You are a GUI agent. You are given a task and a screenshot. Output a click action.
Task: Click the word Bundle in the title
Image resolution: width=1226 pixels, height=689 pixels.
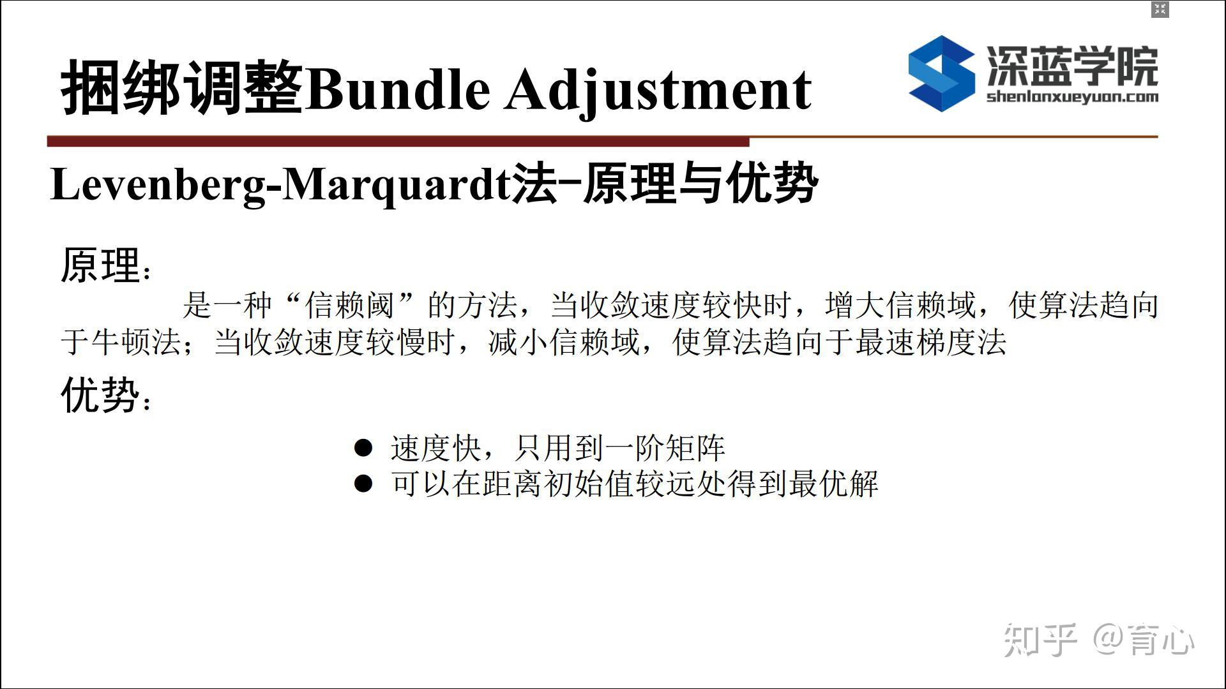coord(397,88)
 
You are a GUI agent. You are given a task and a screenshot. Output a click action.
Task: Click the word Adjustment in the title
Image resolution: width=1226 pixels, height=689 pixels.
coord(658,89)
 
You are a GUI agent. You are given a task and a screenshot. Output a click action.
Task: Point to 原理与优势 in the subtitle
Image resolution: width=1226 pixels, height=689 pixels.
coord(700,184)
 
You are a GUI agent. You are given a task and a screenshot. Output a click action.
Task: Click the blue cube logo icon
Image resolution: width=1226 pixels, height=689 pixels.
coord(941,73)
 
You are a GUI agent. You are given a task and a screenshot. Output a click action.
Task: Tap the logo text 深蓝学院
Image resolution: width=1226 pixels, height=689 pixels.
coord(1072,66)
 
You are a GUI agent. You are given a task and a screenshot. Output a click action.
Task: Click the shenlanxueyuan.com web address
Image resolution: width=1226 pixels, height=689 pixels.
coord(1072,97)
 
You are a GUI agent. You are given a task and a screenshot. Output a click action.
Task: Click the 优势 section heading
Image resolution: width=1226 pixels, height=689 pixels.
coord(100,394)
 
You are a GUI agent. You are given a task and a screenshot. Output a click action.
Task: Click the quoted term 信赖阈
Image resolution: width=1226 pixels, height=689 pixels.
coord(349,305)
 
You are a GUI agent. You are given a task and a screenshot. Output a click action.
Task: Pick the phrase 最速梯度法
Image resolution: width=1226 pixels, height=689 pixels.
coord(931,342)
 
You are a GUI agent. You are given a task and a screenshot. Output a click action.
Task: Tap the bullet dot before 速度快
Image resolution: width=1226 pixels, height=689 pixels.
coord(363,448)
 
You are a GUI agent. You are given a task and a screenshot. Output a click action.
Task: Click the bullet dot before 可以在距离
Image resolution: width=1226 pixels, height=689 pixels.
coord(363,484)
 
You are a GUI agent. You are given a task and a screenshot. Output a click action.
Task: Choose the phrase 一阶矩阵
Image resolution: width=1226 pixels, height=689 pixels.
coord(664,448)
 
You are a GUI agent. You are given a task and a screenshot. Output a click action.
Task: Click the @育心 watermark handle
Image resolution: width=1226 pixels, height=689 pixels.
coord(1143,639)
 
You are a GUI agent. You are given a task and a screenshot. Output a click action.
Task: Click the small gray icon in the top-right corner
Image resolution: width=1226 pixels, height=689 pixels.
coord(1160,10)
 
